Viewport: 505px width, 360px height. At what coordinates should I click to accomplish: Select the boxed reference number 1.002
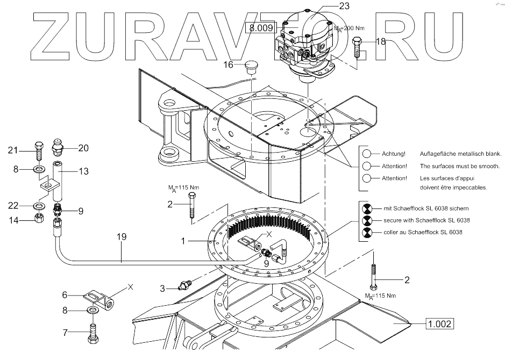pos(439,323)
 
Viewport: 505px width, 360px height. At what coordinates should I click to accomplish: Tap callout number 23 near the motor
pos(344,6)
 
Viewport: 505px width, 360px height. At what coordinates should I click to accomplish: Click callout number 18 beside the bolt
pos(381,41)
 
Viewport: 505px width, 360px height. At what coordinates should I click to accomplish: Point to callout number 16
pos(229,64)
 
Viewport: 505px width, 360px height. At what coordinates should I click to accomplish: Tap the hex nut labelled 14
pos(39,219)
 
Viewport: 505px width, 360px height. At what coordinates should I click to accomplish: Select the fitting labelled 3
pos(186,284)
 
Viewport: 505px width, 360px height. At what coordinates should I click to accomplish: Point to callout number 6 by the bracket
pos(65,294)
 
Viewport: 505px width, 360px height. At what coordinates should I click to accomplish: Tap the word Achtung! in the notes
pos(394,154)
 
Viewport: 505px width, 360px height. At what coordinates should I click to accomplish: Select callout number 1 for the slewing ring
pos(184,241)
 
